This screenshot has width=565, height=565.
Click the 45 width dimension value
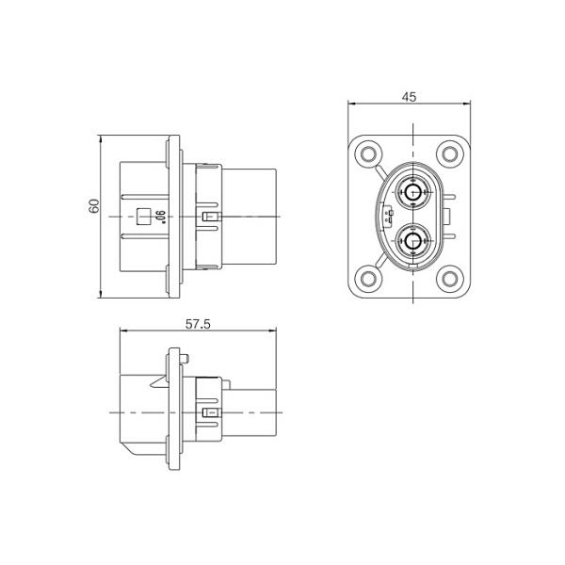410,96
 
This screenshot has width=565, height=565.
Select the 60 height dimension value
94,206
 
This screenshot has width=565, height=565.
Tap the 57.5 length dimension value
197,324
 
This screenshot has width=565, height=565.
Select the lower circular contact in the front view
411,241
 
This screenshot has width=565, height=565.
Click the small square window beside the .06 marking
144,217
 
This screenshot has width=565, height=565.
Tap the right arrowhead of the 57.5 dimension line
276,331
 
